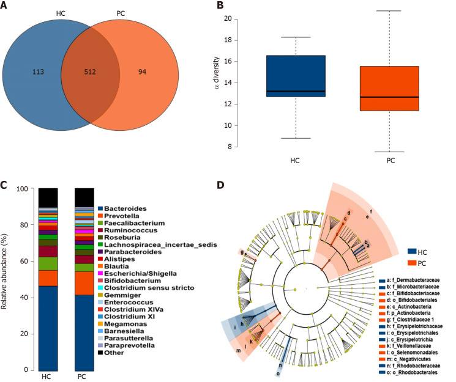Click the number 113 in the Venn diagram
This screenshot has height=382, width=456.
39,72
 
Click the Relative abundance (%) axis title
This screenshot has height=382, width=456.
6,278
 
